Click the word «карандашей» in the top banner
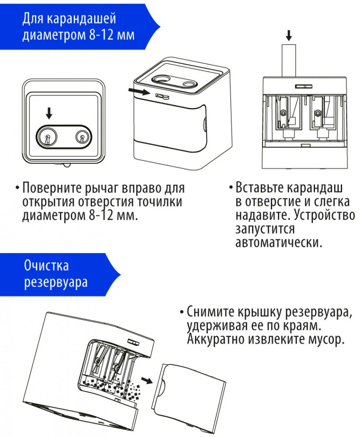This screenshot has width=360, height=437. pos(81,19)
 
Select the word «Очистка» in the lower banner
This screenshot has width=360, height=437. pos(46,265)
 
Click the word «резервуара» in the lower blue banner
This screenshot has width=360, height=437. pos(56,282)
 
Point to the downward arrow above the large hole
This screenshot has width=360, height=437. pos(49,113)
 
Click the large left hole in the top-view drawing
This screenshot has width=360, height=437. pos(47,137)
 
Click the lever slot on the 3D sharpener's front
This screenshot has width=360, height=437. pos(162,96)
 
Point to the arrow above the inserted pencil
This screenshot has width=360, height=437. pos(289,35)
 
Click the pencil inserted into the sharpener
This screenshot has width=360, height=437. pos(289,60)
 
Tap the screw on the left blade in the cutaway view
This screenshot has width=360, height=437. pos(284,113)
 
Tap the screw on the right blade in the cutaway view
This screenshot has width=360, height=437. pos(318,113)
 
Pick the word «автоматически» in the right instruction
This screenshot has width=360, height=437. pos(279,242)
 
